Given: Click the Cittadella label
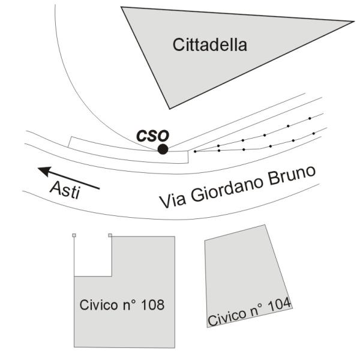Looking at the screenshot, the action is tap(209, 45).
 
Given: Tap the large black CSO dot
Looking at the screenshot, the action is tap(163, 149).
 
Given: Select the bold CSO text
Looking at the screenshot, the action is tap(152, 136).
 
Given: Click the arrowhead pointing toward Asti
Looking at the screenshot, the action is tap(44, 171).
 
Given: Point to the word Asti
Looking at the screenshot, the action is tap(65, 190).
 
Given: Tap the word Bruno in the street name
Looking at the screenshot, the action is tap(292, 175).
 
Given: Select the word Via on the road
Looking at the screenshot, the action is tap(172, 201).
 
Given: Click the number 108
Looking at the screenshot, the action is tap(152, 305).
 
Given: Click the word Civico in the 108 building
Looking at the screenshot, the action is tap(98, 305).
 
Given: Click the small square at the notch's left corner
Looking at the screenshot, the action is tap(74, 235).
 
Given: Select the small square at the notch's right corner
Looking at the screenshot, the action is tap(110, 235).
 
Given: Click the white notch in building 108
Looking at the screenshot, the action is tap(93, 256).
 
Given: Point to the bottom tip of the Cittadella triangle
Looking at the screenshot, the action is tap(170, 109).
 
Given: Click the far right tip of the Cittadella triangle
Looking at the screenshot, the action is tap(353, 22).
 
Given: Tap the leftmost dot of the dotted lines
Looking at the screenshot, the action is tap(195, 151).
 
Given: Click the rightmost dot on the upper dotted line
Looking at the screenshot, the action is tap(310, 118).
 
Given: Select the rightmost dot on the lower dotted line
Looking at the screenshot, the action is tap(314, 133).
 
